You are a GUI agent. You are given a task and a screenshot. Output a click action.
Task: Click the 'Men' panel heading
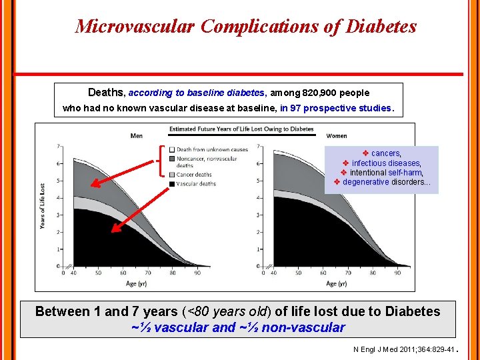[x=136, y=136]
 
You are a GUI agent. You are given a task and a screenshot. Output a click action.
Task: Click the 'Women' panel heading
[x=337, y=136]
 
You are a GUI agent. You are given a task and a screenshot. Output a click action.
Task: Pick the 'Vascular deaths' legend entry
[x=196, y=183]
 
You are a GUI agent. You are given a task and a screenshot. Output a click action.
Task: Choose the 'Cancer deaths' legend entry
[x=194, y=175]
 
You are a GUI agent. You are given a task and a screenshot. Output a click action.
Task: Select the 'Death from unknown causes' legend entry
[x=211, y=149]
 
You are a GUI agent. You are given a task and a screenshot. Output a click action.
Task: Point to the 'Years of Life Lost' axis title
[x=42, y=206]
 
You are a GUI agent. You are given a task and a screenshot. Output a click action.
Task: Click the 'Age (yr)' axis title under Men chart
[x=137, y=283]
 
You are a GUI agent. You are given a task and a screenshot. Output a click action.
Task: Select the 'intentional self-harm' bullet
[x=386, y=173]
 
